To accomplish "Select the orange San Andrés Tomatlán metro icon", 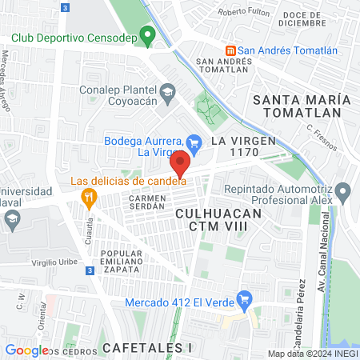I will click(x=230, y=50).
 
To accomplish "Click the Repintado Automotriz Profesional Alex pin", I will click(x=343, y=192).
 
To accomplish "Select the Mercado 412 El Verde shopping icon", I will click(x=246, y=301).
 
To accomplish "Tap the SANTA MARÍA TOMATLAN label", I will click(x=302, y=106).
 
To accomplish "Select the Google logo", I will click(x=26, y=350).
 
